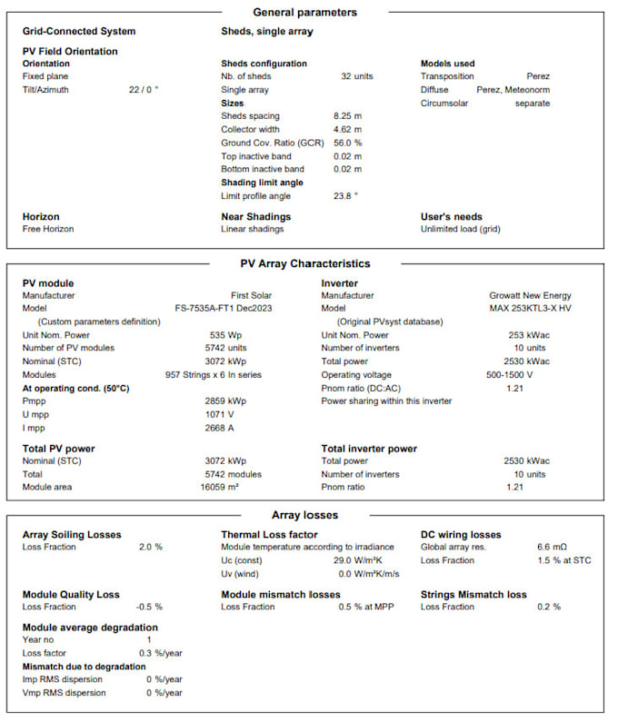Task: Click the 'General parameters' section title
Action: pos(304,13)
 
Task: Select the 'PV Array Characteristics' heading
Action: pos(304,263)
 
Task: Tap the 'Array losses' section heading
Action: pos(304,515)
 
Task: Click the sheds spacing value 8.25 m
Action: pos(348,116)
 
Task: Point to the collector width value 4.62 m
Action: pos(348,130)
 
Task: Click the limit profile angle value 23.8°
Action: pos(346,195)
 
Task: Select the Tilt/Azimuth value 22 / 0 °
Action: pos(144,90)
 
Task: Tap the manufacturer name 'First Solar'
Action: pos(251,295)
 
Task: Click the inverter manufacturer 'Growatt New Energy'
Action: pos(530,295)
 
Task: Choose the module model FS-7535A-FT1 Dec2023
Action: pos(223,308)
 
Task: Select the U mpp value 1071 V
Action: pos(221,413)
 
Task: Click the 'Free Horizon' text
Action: pos(48,229)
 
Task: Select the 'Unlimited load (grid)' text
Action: pos(461,229)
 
